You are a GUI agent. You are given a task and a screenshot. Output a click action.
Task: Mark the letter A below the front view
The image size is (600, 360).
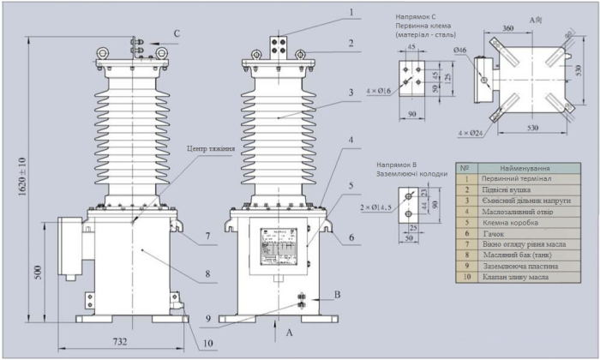(x=289, y=330)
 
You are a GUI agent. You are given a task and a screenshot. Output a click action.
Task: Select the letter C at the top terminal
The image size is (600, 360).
(x=177, y=33)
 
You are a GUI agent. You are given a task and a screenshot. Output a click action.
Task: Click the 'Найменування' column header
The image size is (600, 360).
(x=525, y=168)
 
